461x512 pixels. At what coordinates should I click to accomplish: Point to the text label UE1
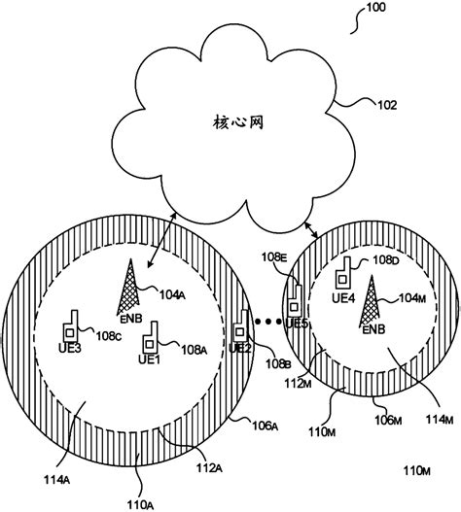(149, 361)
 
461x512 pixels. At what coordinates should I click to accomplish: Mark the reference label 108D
(383, 261)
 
